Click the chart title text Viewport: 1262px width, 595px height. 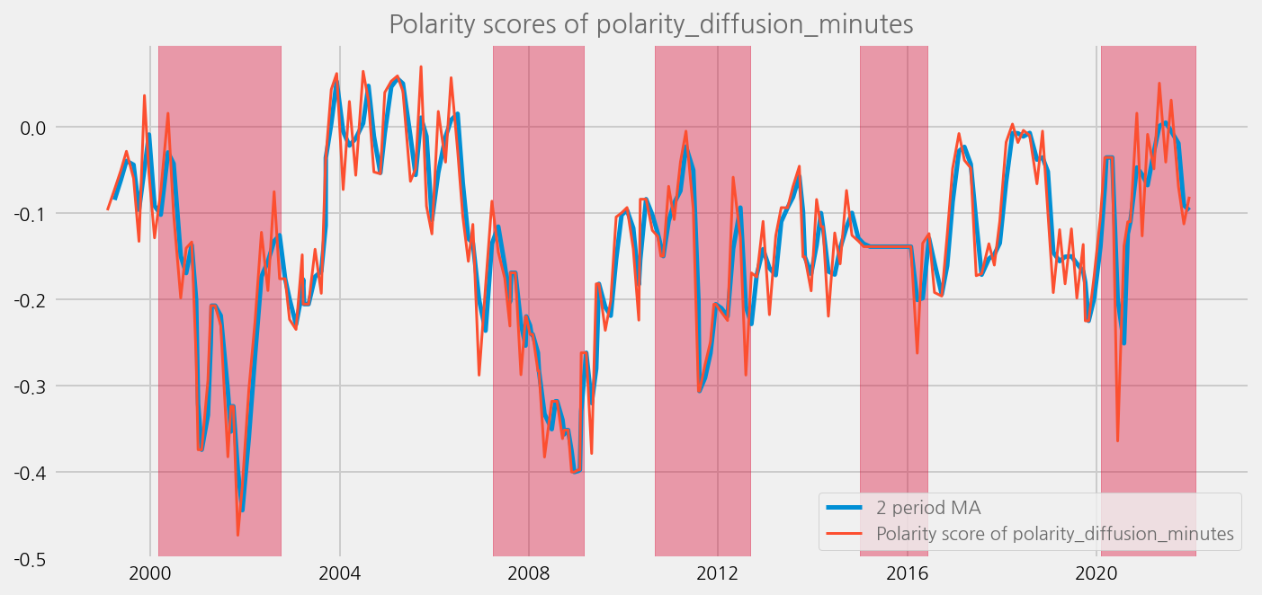point(651,24)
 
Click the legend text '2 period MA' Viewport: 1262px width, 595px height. point(928,509)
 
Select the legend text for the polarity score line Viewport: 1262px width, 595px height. point(1054,535)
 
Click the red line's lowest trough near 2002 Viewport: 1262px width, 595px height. point(238,535)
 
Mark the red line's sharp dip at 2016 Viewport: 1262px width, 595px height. point(917,353)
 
